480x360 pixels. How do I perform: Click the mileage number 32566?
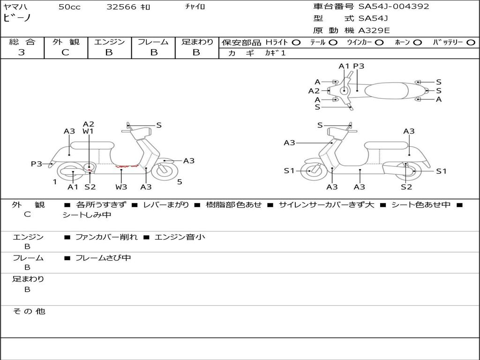click(x=121, y=7)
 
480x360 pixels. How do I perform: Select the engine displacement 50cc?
click(x=69, y=7)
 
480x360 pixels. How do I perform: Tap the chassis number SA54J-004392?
click(x=394, y=7)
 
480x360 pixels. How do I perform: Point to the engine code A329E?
click(x=374, y=30)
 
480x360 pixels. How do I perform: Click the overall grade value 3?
click(x=22, y=52)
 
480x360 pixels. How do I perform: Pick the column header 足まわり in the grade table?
click(x=197, y=42)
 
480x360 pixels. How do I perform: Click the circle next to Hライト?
click(x=296, y=42)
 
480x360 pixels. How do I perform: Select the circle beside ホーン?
click(x=417, y=42)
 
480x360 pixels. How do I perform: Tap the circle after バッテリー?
click(x=471, y=42)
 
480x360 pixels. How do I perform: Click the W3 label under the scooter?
click(x=121, y=187)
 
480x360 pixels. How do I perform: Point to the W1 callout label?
click(x=88, y=132)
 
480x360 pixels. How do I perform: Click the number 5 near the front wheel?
click(x=180, y=181)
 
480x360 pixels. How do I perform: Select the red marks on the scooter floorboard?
click(x=127, y=165)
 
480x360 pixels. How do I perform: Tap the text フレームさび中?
click(x=103, y=258)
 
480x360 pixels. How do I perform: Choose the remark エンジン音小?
click(x=180, y=237)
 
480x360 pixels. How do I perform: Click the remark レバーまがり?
click(x=166, y=205)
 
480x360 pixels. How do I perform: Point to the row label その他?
click(x=29, y=311)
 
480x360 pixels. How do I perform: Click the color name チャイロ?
click(x=195, y=7)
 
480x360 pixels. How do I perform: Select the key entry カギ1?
click(x=275, y=53)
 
